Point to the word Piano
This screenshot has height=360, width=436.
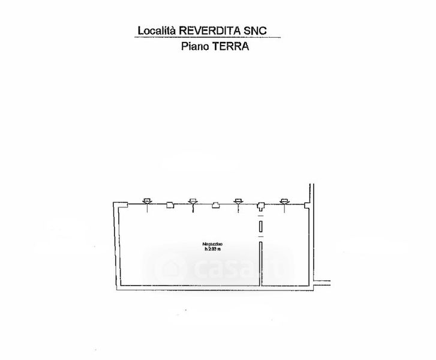(195, 46)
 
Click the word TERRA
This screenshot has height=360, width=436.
(231, 46)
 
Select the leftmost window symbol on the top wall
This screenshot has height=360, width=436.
(148, 202)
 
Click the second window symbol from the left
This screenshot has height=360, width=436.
(193, 202)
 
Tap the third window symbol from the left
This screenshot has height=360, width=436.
(238, 202)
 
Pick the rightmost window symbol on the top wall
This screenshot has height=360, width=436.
(284, 202)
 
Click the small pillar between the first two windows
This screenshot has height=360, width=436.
(170, 206)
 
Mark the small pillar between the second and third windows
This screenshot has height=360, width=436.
(215, 206)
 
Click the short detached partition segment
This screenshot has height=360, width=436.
(261, 226)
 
